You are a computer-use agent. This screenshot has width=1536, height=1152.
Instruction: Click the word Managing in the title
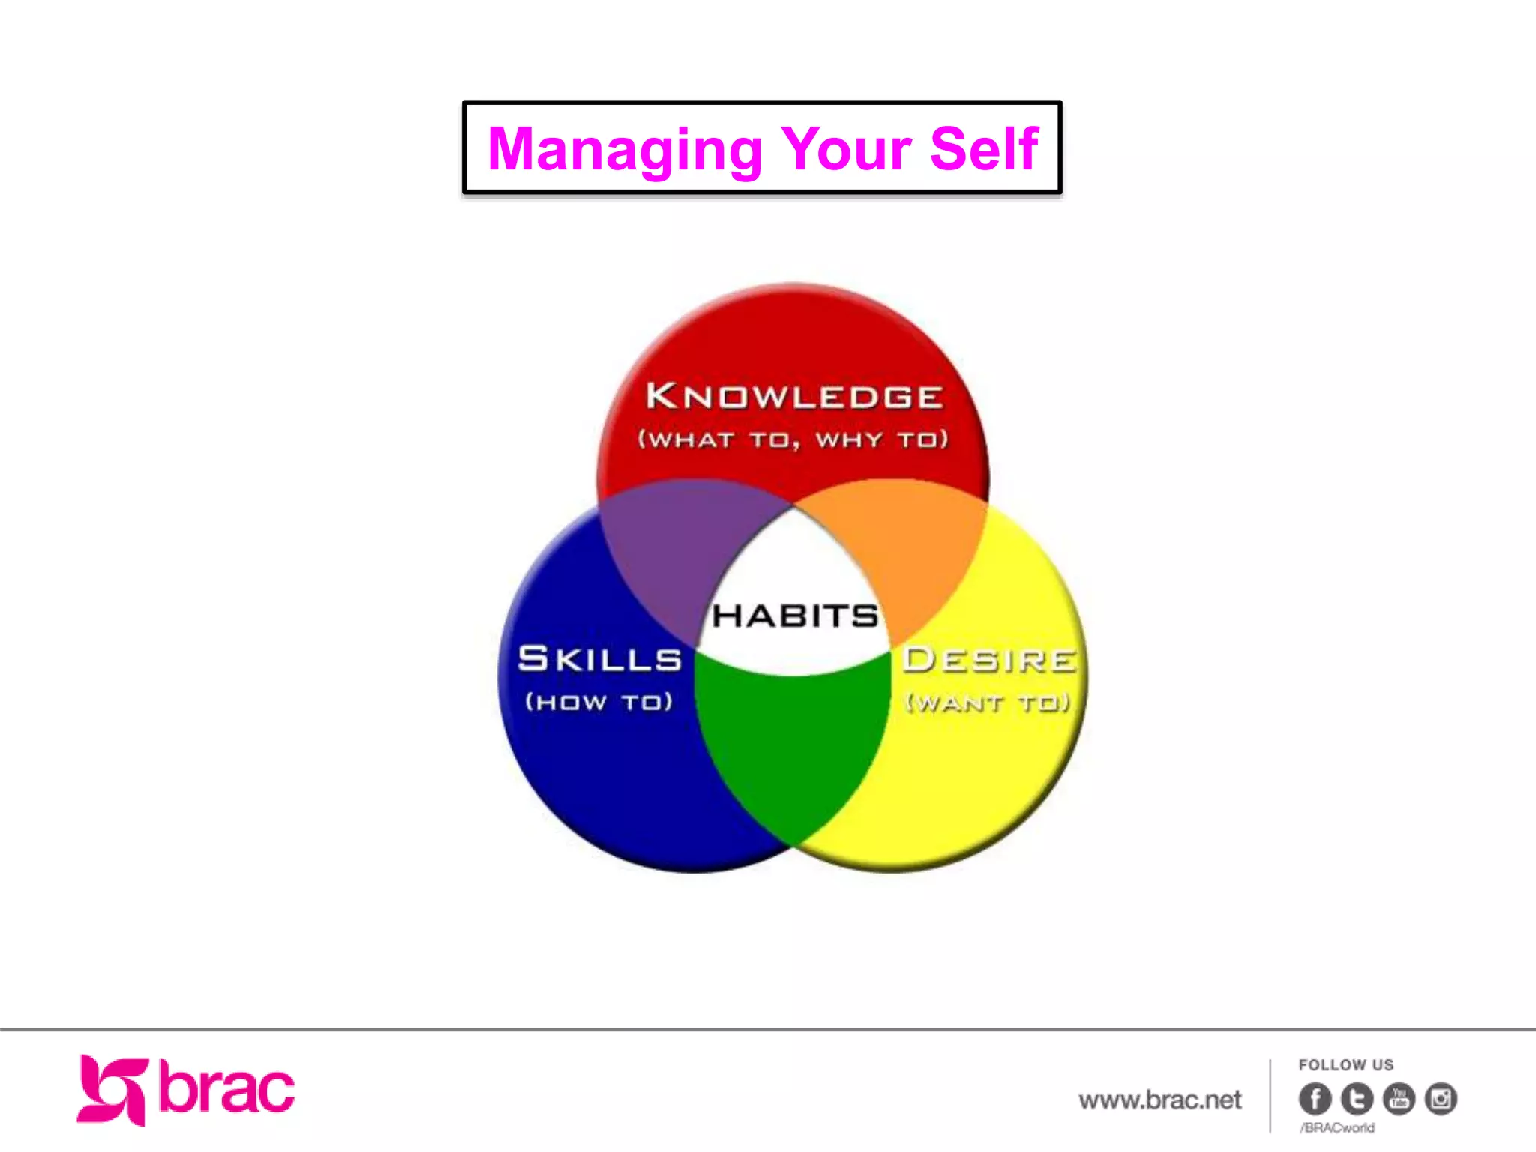click(x=624, y=150)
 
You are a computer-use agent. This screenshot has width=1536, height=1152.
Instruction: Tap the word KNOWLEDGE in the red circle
click(x=793, y=396)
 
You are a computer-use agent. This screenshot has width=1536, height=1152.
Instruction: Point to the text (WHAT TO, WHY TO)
click(x=793, y=439)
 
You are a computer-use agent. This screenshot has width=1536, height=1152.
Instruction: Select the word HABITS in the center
click(x=795, y=616)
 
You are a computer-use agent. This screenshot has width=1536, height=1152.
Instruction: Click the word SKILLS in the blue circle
click(x=600, y=659)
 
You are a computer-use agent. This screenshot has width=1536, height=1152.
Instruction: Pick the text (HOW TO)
click(x=599, y=702)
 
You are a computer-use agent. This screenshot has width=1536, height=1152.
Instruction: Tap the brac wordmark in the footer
click(x=226, y=1088)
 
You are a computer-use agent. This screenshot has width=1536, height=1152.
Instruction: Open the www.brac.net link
click(x=1160, y=1100)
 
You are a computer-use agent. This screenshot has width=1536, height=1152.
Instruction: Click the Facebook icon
click(x=1315, y=1099)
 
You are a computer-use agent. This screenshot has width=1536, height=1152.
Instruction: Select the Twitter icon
click(x=1357, y=1099)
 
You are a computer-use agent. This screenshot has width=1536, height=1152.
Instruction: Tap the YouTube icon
click(x=1399, y=1099)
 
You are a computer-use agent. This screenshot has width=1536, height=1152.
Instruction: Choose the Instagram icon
click(x=1441, y=1099)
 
